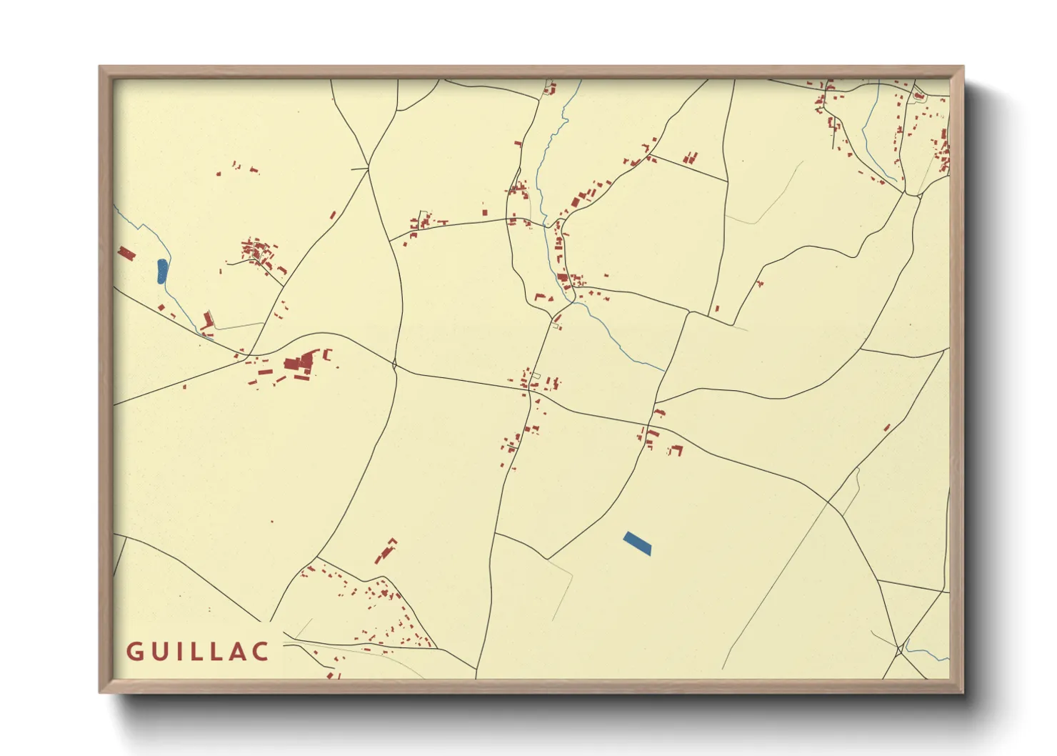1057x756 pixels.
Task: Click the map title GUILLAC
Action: click(198, 652)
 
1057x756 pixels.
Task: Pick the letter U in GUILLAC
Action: click(159, 652)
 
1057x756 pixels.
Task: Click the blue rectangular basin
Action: click(637, 543)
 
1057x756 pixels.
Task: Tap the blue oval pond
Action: click(162, 271)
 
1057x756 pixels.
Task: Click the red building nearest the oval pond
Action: click(126, 253)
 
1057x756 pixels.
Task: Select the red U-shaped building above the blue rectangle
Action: click(676, 450)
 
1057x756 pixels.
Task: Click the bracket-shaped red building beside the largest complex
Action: click(328, 353)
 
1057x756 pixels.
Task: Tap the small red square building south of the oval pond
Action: click(161, 307)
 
